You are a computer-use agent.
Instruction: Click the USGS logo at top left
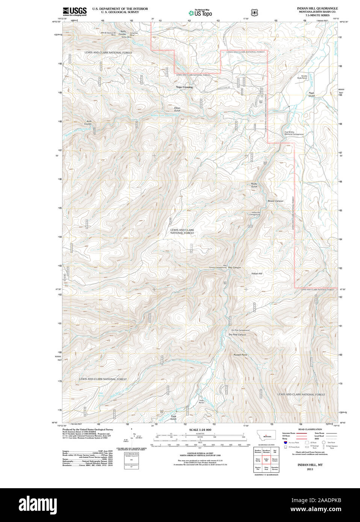(74, 11)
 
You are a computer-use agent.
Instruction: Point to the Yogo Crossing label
(184, 87)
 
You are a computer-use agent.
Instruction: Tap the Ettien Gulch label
(177, 109)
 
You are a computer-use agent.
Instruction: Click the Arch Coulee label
(89, 122)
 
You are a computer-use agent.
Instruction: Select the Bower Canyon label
(275, 201)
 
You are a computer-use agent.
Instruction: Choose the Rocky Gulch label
(254, 185)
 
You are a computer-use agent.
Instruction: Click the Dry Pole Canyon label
(237, 335)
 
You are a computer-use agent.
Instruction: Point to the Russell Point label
(240, 355)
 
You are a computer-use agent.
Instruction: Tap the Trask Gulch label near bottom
(173, 417)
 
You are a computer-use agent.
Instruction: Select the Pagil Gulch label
(312, 94)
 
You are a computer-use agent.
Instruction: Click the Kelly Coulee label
(123, 32)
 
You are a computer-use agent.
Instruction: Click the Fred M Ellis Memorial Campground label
(294, 133)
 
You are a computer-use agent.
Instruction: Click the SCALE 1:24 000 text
(200, 430)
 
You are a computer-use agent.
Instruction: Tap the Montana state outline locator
(266, 435)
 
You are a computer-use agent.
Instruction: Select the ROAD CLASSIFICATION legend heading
(310, 429)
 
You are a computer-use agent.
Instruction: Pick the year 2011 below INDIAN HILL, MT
(310, 469)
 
